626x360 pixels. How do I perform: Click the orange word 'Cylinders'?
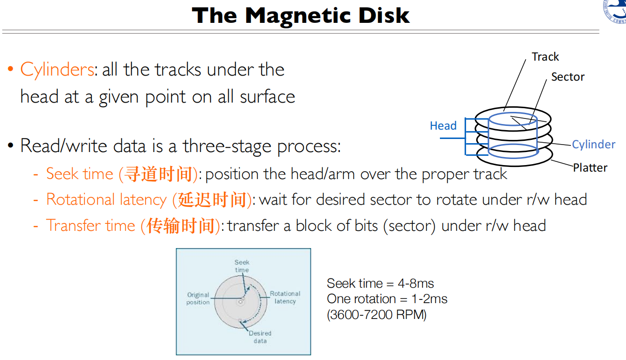[57, 70]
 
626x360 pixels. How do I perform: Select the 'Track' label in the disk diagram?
[545, 57]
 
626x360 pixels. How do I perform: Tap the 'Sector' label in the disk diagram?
[567, 77]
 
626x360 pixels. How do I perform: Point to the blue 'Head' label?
[443, 126]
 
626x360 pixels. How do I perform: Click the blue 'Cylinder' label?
[593, 145]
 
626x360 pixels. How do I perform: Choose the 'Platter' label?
[590, 168]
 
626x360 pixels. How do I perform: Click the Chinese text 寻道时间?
[159, 174]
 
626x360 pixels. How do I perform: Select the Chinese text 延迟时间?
[212, 200]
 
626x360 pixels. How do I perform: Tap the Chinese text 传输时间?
[181, 226]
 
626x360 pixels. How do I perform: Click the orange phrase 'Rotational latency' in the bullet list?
[106, 200]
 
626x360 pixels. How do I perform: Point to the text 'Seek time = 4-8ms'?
[380, 284]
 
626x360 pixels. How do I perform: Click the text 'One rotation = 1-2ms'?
[387, 299]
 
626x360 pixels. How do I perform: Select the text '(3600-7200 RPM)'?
[376, 315]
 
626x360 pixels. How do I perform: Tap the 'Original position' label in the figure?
[198, 298]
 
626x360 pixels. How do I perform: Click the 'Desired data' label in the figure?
[260, 337]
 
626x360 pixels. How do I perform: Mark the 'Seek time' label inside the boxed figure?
[242, 266]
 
